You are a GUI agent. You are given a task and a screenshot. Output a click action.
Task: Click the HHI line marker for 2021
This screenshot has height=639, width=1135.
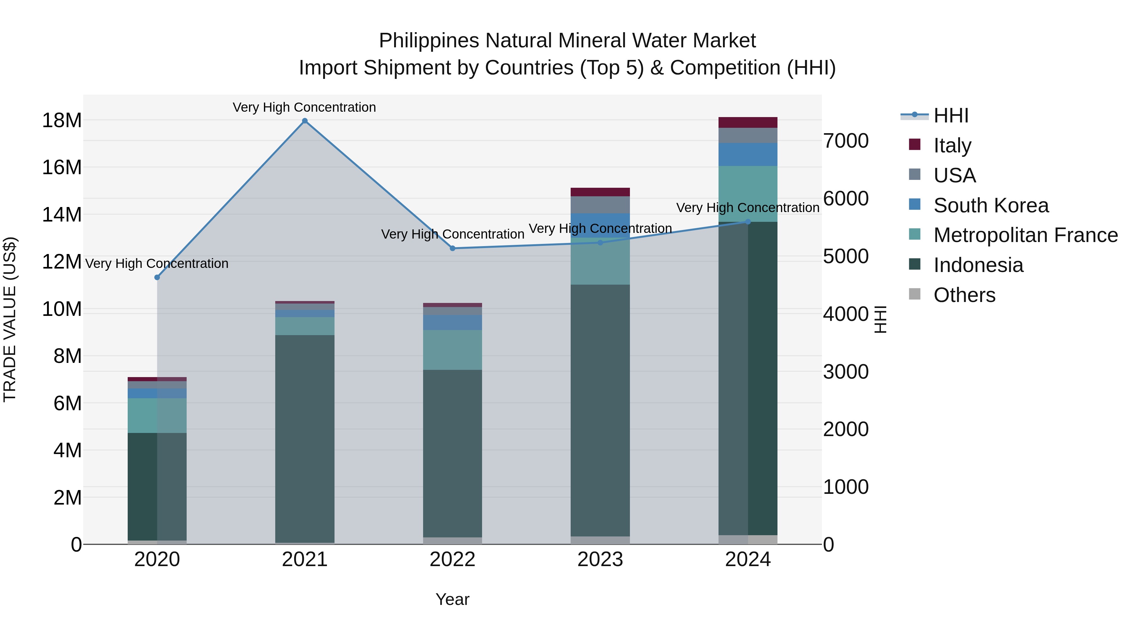tap(305, 121)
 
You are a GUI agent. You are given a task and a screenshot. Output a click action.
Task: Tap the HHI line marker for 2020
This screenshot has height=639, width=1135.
tap(157, 277)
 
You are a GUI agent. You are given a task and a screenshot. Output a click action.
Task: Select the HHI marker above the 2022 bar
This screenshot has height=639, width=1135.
tap(452, 248)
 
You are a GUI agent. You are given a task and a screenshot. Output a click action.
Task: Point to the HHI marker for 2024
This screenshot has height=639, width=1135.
tap(748, 222)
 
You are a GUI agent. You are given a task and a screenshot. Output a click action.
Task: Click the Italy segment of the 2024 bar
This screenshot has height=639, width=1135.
tap(748, 123)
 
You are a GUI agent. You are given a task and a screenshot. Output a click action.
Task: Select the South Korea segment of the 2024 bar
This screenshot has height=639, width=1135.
tap(748, 154)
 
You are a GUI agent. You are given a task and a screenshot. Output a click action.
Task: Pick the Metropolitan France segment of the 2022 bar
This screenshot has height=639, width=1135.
tap(452, 350)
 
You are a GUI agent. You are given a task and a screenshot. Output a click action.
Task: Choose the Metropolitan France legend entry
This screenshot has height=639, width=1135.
tap(1025, 235)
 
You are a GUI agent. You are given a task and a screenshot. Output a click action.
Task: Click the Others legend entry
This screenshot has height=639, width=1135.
tap(964, 295)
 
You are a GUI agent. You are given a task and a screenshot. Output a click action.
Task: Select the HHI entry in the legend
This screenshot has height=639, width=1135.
tap(951, 115)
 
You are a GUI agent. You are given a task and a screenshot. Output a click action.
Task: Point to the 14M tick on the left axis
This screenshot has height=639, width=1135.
tap(62, 215)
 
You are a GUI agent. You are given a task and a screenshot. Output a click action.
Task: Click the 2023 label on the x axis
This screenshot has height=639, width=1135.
tap(600, 559)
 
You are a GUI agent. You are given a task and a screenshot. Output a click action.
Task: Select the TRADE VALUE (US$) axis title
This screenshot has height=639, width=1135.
tap(10, 319)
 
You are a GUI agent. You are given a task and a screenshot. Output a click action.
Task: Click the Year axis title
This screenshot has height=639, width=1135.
tap(452, 599)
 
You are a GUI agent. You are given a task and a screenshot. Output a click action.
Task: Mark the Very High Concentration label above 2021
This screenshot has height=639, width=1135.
tap(305, 107)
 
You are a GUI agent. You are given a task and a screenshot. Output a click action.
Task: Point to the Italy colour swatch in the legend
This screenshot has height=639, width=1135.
tap(915, 145)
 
